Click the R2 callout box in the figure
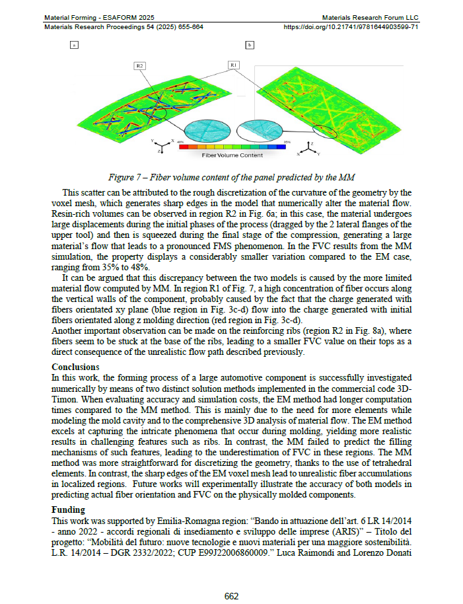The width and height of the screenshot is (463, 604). [140, 65]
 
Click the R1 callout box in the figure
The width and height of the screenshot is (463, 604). [235, 65]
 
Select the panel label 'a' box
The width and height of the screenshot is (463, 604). [74, 46]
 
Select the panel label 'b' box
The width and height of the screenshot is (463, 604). [250, 46]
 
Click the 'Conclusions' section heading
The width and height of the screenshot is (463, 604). [75, 367]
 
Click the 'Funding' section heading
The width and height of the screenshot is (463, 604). [69, 510]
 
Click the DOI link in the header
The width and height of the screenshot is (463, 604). [351, 27]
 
